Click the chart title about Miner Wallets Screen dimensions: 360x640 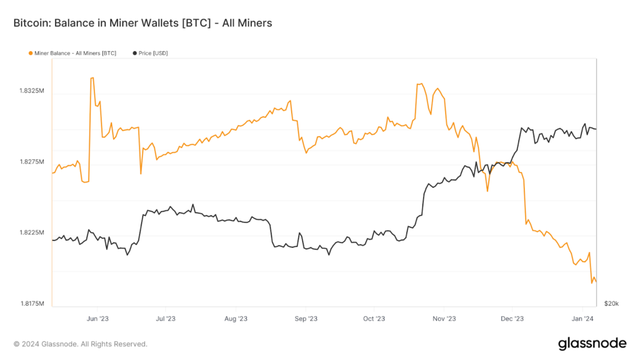[x=142, y=23]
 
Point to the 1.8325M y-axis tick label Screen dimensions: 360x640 [x=32, y=91]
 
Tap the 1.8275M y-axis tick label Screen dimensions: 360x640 [x=32, y=162]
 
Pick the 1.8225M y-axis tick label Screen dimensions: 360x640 [x=32, y=233]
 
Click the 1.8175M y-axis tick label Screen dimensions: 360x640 [x=32, y=304]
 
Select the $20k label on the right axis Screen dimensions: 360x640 [x=611, y=304]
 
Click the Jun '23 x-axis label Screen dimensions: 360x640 [x=97, y=319]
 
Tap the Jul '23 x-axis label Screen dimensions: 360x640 [x=165, y=319]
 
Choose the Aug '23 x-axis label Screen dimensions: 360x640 [x=236, y=319]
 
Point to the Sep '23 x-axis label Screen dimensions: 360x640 [x=305, y=319]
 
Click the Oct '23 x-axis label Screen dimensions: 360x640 [x=373, y=319]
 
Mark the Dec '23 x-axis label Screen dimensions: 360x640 [x=512, y=319]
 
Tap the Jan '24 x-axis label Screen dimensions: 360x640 [x=582, y=319]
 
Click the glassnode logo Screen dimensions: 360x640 [x=591, y=343]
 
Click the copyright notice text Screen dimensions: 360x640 [x=81, y=344]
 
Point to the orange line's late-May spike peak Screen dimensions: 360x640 [x=92, y=78]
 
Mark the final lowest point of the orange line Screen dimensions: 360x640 [x=591, y=283]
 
